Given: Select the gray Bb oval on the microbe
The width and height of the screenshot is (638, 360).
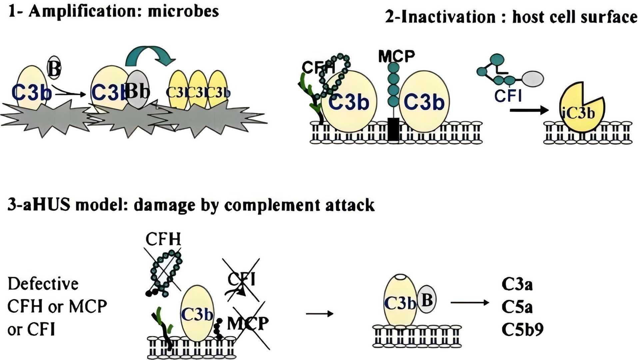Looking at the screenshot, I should pos(137,89).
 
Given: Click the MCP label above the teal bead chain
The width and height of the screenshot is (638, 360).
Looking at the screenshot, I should pos(396,56).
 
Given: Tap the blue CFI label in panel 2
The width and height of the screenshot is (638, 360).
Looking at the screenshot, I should pos(508,96).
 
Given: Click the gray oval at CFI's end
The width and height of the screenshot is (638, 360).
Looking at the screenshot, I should pos(532,79).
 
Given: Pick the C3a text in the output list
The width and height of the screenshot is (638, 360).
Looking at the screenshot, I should pos(517,284).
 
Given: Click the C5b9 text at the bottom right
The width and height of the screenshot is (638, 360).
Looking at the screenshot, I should pos(522,329).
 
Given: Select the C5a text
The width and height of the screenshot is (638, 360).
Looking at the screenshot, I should pos(517,307).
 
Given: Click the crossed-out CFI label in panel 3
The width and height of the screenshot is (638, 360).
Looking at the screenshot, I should pos(242,280).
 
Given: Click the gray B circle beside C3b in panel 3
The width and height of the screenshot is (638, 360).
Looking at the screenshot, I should pos(427,299).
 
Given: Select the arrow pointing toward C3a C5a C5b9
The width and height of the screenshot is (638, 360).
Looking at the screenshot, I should pos(469,302).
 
